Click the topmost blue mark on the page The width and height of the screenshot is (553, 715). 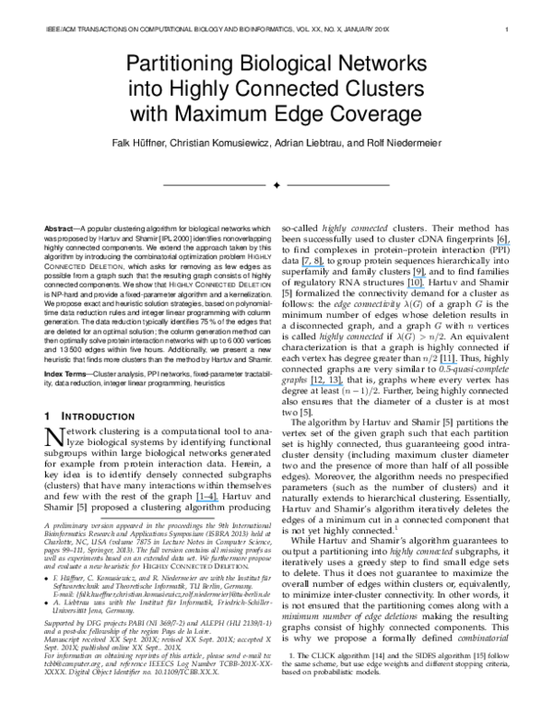pyautogui.click(x=504, y=244)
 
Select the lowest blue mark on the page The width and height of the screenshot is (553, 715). pyautogui.click(x=207, y=500)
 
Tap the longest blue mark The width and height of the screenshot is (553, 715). pyautogui.click(x=326, y=385)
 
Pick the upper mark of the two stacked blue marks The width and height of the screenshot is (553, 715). pyautogui.click(x=419, y=276)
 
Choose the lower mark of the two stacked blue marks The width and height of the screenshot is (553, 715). pyautogui.click(x=416, y=287)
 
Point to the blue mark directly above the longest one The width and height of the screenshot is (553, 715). pyautogui.click(x=313, y=266)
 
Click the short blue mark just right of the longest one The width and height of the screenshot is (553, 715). pyautogui.click(x=449, y=363)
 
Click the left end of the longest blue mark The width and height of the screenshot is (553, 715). pyautogui.click(x=311, y=385)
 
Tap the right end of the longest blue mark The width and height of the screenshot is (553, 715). pyautogui.click(x=343, y=385)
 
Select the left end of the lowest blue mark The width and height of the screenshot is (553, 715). pyautogui.click(x=196, y=500)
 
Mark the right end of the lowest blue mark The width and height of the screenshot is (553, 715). pyautogui.click(x=218, y=500)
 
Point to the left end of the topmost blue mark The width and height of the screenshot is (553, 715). pyautogui.click(x=498, y=244)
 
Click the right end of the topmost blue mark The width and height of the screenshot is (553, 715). pyautogui.click(x=511, y=244)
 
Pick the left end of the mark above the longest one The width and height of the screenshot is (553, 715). pyautogui.click(x=302, y=266)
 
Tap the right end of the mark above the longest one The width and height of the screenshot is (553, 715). pyautogui.click(x=324, y=266)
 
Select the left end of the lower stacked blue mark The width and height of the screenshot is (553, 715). pyautogui.click(x=407, y=287)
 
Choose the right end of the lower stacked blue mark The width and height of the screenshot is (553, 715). pyautogui.click(x=424, y=287)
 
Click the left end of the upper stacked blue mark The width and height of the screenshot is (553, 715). pyautogui.click(x=413, y=276)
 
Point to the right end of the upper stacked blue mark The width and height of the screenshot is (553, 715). pyautogui.click(x=426, y=276)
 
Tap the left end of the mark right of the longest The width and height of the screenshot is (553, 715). pyautogui.click(x=441, y=363)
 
